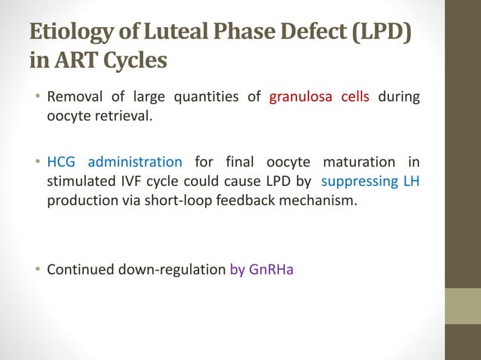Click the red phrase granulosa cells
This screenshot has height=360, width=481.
coord(319,96)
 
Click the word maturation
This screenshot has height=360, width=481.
coord(357,162)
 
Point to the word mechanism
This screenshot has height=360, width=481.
coord(314,201)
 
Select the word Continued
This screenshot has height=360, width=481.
coord(81,269)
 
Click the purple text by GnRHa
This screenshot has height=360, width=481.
coord(261,269)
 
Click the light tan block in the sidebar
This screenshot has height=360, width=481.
coord(463,306)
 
